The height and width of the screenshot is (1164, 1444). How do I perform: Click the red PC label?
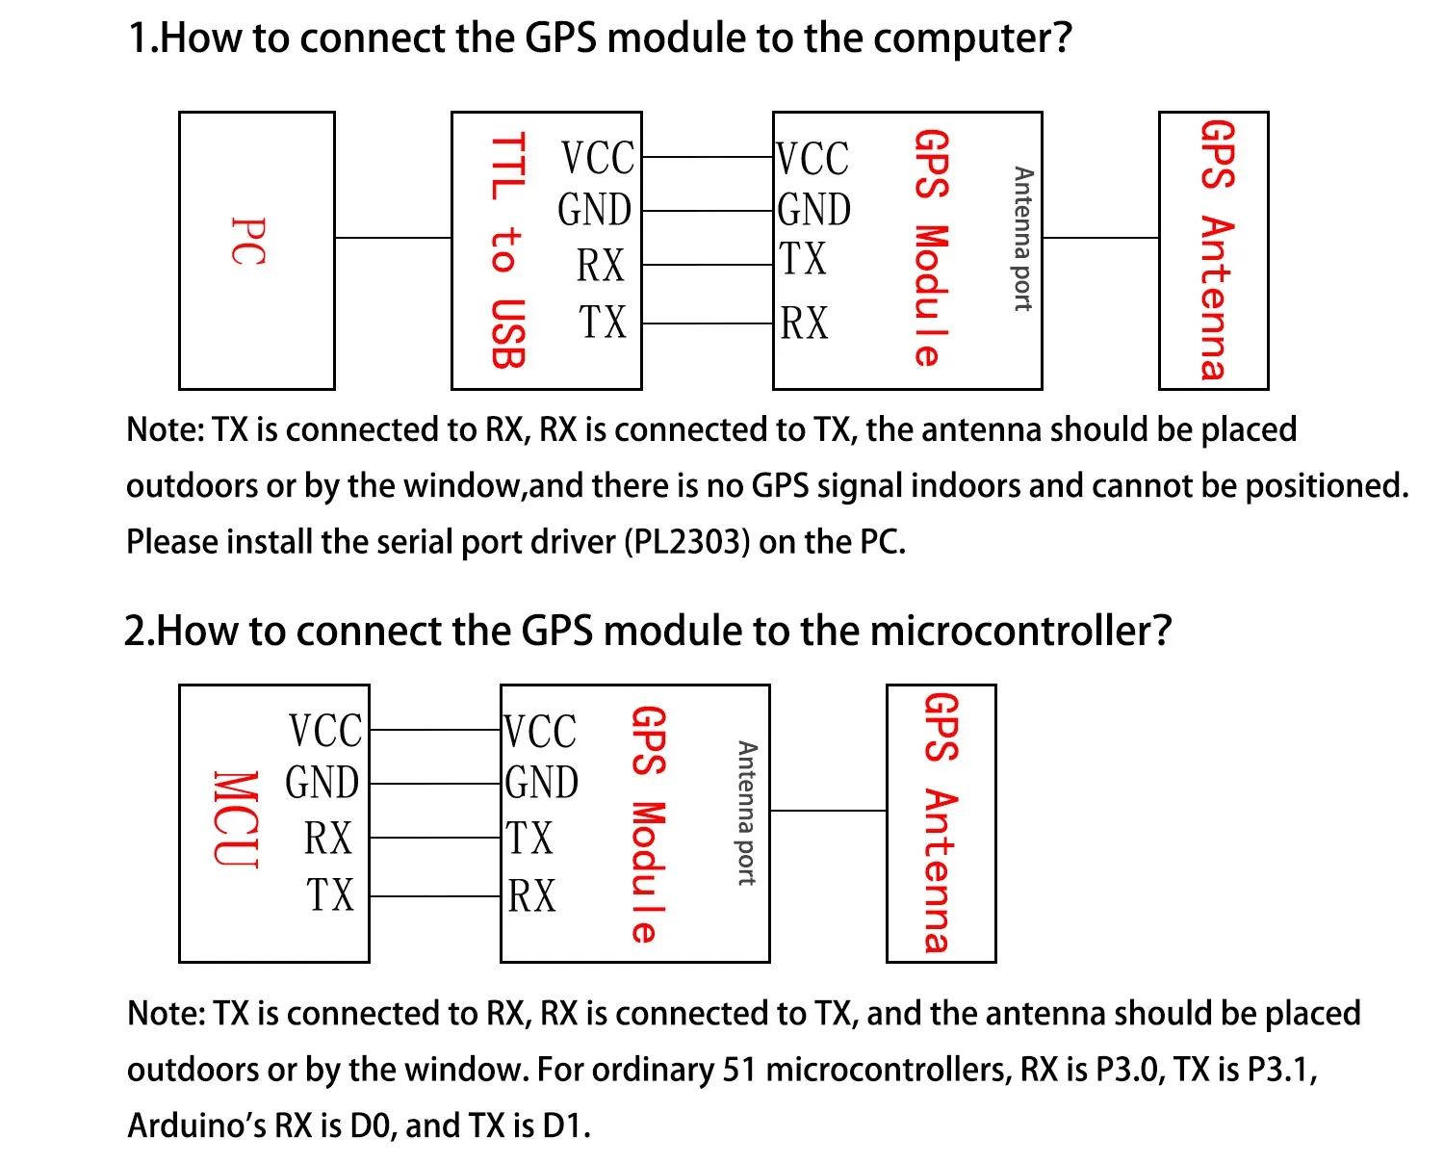click(248, 242)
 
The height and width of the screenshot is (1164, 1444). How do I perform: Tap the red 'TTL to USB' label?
click(508, 250)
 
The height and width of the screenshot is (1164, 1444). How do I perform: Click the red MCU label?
click(236, 819)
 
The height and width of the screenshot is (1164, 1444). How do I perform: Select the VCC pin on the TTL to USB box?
click(598, 158)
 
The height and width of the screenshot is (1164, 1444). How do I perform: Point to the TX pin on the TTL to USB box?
click(603, 323)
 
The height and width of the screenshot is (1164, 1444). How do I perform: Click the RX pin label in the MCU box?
click(328, 839)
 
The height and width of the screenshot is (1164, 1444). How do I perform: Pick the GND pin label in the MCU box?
click(322, 783)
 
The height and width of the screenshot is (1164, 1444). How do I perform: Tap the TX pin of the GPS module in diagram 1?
click(803, 259)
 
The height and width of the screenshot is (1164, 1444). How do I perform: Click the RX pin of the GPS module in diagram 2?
click(531, 896)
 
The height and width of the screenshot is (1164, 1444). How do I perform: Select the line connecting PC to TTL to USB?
click(393, 237)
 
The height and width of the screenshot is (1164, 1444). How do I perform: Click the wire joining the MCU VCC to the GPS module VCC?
click(435, 730)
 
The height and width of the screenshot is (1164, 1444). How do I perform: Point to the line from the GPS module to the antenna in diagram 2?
click(828, 811)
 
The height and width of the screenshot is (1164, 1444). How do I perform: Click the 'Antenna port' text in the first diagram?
click(1022, 239)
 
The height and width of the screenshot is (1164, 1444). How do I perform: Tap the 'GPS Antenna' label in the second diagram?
click(941, 822)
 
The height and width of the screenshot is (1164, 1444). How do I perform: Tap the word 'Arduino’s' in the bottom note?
click(196, 1125)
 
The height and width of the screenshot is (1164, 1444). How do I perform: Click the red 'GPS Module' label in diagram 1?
click(931, 247)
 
